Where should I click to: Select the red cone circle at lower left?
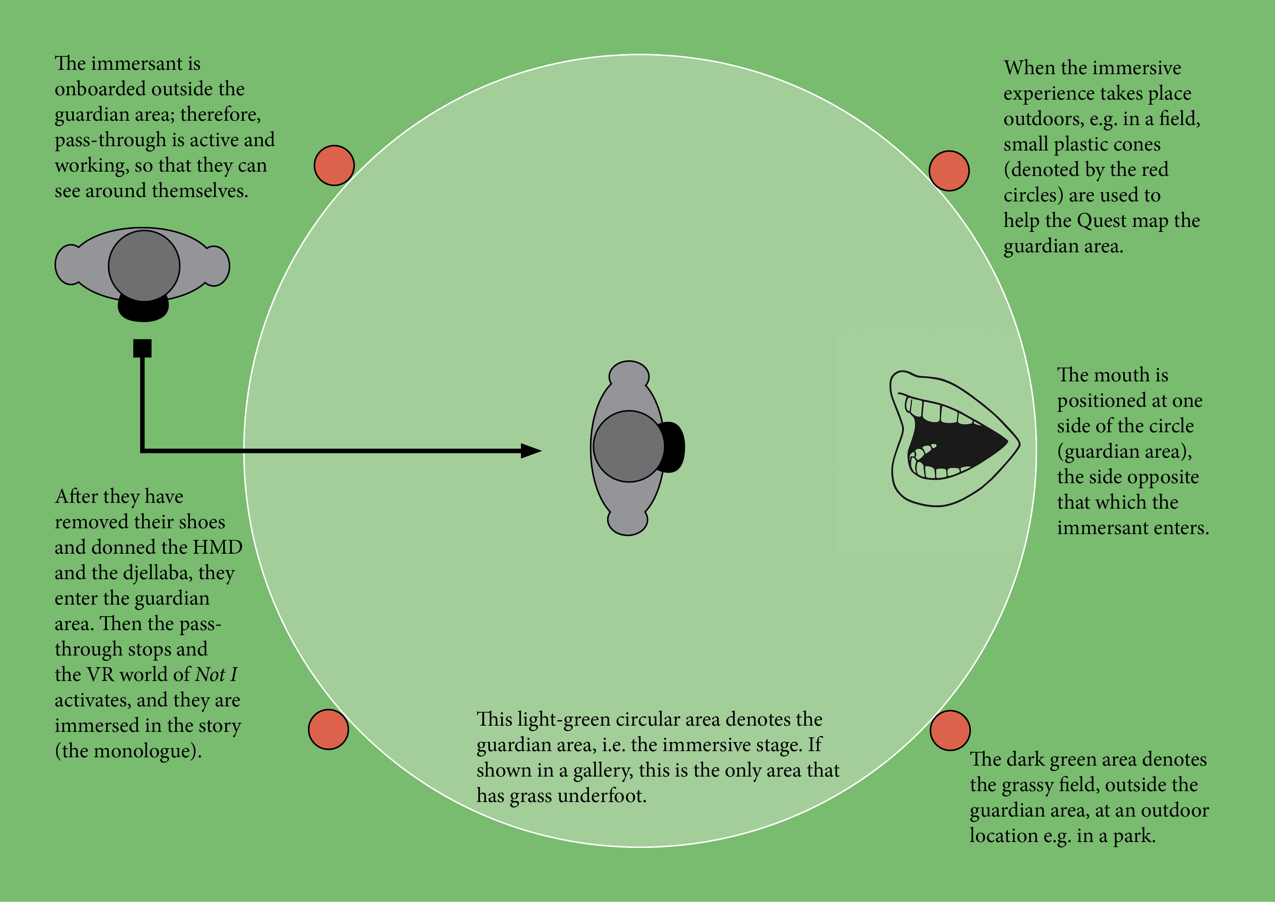pos(328,729)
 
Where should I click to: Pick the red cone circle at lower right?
pos(950,730)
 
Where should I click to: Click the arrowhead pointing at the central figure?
pos(530,451)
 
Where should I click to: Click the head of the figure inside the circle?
pos(629,446)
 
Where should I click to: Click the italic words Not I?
pos(217,675)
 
